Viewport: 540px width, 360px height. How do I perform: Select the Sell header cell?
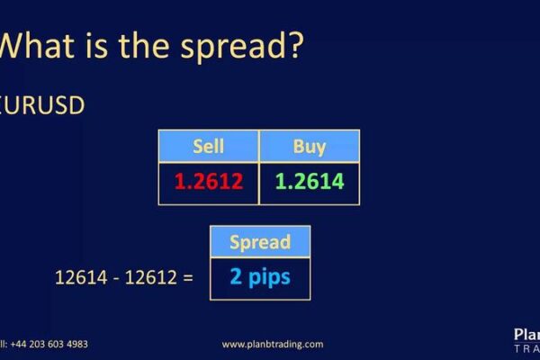coord(208,146)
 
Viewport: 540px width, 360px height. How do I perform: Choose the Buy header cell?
coord(309,146)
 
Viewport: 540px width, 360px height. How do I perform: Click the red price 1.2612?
coord(208,181)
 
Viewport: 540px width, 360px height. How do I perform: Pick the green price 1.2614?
coord(309,181)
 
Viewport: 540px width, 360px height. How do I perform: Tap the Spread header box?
coord(259,242)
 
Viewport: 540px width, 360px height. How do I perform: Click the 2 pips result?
coord(259,276)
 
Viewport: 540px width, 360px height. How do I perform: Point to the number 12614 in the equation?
coord(76,277)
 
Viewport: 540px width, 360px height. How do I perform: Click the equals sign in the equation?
coord(187,277)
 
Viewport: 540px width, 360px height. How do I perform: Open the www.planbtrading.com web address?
coord(272,344)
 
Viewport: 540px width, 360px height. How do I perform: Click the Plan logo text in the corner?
coord(526,335)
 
